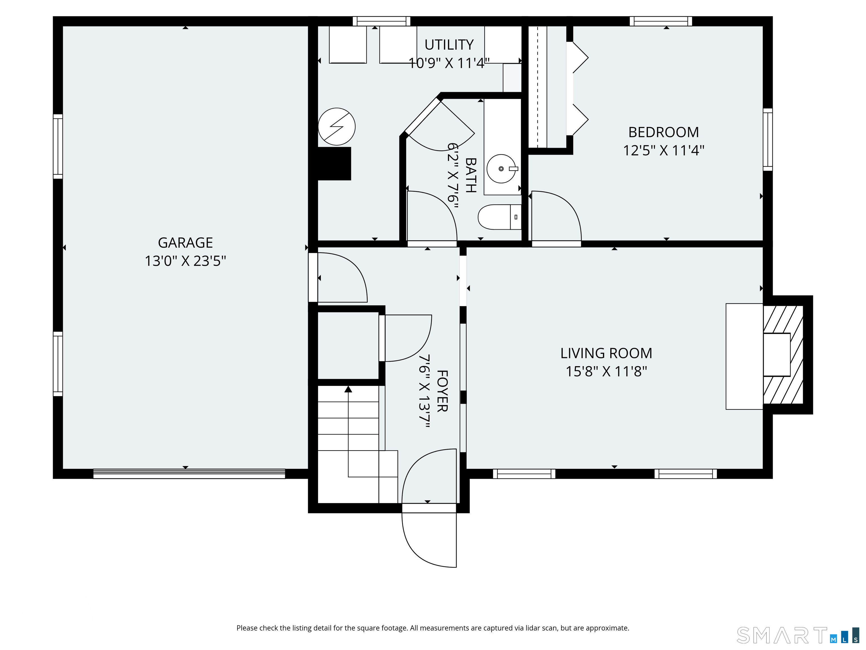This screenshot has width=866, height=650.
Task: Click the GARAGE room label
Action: tap(185, 243)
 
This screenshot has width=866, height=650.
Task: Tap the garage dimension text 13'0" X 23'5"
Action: tap(185, 261)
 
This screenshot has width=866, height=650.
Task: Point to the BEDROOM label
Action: tap(664, 132)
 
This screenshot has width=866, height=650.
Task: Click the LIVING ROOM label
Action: tap(606, 353)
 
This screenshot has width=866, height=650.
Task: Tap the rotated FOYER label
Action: tap(442, 391)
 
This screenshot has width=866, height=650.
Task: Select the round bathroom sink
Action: tap(501, 169)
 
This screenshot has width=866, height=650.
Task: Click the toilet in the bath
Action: tap(500, 217)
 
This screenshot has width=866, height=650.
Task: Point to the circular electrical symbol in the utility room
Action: tap(337, 127)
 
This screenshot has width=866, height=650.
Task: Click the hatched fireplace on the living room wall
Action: tap(783, 355)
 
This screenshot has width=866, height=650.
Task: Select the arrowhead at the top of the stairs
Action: tap(348, 389)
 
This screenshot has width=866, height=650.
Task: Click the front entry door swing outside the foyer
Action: tap(429, 540)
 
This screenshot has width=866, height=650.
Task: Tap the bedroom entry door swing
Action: tap(556, 216)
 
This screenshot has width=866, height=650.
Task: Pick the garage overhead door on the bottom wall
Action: tap(189, 474)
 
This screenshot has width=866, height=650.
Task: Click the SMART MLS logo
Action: tap(797, 636)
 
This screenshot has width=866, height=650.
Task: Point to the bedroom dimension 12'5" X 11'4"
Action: tap(664, 150)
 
